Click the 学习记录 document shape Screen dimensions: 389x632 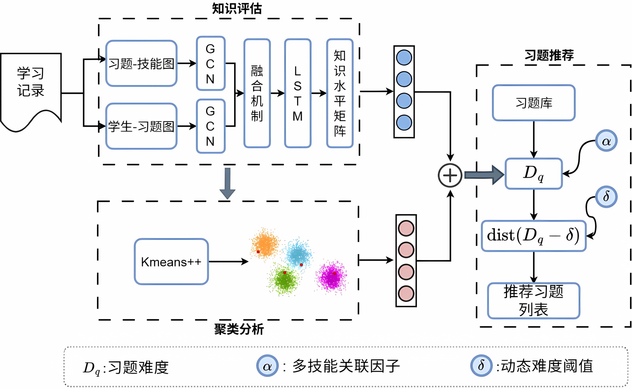pos(31,89)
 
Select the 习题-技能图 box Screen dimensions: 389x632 pos(141,63)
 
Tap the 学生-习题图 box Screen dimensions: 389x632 pos(141,126)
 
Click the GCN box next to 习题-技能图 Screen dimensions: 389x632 pos(210,64)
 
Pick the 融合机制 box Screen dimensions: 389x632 pos(257,93)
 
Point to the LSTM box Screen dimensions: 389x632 pos(297,93)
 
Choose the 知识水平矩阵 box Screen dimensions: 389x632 pos(340,93)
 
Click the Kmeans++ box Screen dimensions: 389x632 pos(171,262)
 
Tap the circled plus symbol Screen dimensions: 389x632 pos(450,175)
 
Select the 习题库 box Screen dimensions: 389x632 pos(534,103)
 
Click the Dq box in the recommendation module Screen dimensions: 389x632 pos(534,173)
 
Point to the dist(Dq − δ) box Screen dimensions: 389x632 pos(534,236)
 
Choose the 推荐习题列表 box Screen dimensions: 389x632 pos(534,301)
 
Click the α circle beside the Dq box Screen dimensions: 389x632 pos(606,141)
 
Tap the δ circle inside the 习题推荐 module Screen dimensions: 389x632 pos(606,197)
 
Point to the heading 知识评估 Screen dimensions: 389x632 pos(237,8)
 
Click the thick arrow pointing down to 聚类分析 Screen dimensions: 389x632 pos(227,183)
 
